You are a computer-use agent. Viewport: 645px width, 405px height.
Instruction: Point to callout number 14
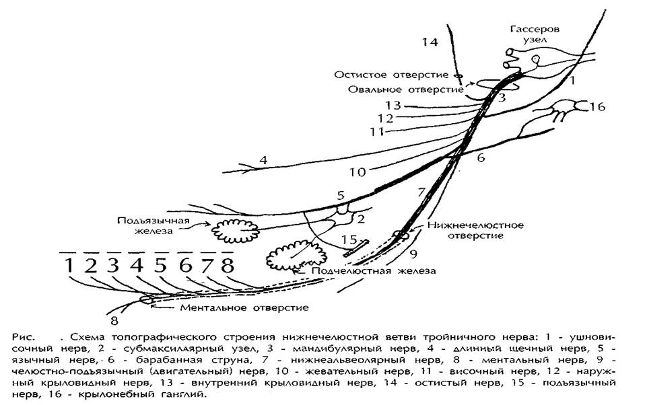pos(430,43)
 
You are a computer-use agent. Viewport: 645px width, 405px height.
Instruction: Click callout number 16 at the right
pos(597,106)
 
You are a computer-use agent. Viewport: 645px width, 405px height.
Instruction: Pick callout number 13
pos(394,105)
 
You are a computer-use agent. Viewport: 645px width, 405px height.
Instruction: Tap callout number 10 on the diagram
pos(358,172)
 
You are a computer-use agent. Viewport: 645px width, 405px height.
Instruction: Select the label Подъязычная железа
pos(146,228)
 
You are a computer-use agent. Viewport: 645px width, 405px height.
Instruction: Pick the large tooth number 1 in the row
pos(69,266)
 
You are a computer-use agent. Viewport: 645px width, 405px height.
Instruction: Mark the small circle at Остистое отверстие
pos(458,76)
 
